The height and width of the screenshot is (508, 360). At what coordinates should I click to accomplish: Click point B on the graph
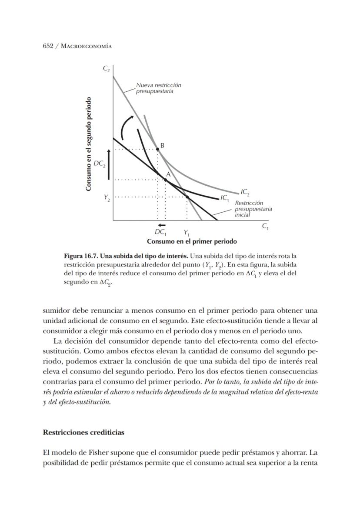(x=157, y=149)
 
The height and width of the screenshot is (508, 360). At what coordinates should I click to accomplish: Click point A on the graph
(x=165, y=179)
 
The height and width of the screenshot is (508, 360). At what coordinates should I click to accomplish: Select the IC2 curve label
(x=245, y=191)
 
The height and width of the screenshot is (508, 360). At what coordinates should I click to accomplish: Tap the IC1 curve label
(x=225, y=198)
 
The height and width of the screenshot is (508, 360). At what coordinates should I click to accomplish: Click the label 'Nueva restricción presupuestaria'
(x=158, y=88)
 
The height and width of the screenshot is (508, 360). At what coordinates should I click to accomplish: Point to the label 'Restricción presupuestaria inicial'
(x=253, y=209)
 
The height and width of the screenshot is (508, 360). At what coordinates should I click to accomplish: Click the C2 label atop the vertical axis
(x=106, y=68)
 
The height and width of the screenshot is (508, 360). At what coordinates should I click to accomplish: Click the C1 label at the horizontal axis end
(x=265, y=226)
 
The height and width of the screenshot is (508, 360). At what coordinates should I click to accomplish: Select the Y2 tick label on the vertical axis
(x=107, y=197)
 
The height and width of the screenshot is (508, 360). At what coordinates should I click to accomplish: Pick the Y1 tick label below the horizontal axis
(x=187, y=233)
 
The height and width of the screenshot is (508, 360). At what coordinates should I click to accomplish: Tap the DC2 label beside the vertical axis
(x=99, y=164)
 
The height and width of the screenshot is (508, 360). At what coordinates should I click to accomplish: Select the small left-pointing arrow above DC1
(x=162, y=225)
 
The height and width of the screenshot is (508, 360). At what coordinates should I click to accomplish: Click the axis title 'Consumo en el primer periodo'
(x=192, y=241)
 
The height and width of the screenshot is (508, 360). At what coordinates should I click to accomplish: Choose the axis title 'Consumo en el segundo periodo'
(x=89, y=144)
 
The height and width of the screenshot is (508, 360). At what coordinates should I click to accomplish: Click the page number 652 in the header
(x=48, y=46)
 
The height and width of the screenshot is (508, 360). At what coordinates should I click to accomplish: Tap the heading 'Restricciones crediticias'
(x=83, y=432)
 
